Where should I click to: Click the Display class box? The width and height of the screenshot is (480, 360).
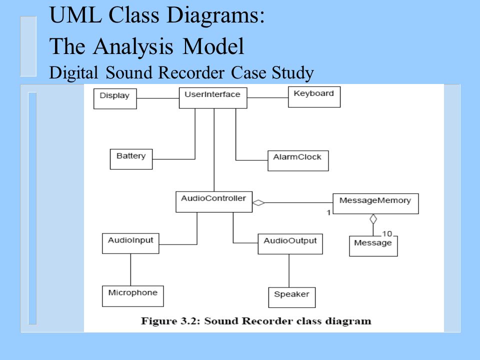(x=115, y=98)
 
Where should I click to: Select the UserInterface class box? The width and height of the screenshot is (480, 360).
(x=213, y=98)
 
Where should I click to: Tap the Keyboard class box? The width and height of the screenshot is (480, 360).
(x=314, y=96)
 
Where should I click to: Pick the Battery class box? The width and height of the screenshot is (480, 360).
(x=131, y=159)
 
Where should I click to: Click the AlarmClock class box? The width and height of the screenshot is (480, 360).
(x=298, y=160)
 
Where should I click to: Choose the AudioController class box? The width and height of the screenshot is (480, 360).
(x=214, y=201)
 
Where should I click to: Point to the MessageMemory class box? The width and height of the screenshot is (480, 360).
(x=375, y=203)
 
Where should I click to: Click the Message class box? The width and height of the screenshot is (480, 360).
(x=373, y=246)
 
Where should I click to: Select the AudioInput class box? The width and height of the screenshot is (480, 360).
(x=130, y=243)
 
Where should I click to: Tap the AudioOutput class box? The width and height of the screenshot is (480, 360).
(x=290, y=244)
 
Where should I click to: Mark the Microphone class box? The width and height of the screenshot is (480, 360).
(x=133, y=296)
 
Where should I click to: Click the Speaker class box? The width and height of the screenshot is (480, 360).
(x=291, y=297)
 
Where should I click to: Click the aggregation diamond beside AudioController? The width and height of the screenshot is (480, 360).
(x=258, y=202)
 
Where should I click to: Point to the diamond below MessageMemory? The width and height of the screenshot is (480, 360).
(x=373, y=219)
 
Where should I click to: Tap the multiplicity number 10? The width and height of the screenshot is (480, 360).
(x=387, y=234)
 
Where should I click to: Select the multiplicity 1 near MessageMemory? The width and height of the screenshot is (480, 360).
(x=328, y=212)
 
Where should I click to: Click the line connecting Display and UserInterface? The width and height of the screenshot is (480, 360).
(x=158, y=98)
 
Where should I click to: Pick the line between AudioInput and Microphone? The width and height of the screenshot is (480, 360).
(x=130, y=269)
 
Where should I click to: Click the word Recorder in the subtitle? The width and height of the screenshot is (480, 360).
(x=191, y=72)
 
